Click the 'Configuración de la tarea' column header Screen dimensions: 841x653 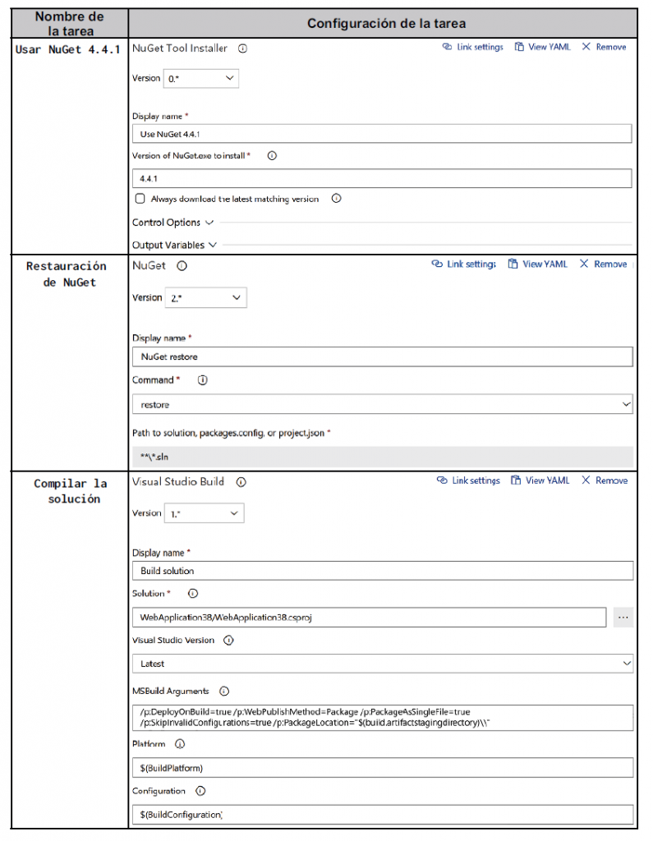(385, 23)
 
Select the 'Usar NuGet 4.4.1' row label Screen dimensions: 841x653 (69, 49)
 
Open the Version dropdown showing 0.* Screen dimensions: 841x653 (201, 78)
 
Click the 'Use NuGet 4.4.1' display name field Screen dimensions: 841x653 (381, 134)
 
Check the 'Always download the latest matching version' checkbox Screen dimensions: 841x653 (140, 199)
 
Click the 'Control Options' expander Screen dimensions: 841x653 (172, 223)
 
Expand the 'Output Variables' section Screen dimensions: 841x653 (174, 245)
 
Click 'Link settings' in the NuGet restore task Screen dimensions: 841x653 (464, 264)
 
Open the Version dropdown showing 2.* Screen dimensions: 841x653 (205, 297)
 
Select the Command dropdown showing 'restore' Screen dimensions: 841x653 (382, 405)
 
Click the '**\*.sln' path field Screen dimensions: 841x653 (382, 457)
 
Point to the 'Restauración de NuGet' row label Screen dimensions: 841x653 (67, 274)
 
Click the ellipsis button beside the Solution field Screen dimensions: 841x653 (623, 617)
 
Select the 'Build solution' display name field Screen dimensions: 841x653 (382, 571)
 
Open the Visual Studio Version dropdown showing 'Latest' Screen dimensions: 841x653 (382, 664)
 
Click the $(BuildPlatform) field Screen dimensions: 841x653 (382, 768)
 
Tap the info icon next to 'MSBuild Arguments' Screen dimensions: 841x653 (224, 692)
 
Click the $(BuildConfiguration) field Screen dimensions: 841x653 (382, 814)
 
